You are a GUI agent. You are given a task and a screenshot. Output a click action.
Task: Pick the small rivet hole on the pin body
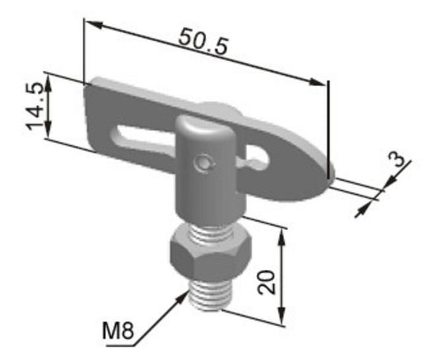point(205,163)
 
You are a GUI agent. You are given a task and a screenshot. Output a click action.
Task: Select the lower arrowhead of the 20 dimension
point(282,319)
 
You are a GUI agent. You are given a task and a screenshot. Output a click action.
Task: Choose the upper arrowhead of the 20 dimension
point(282,230)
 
